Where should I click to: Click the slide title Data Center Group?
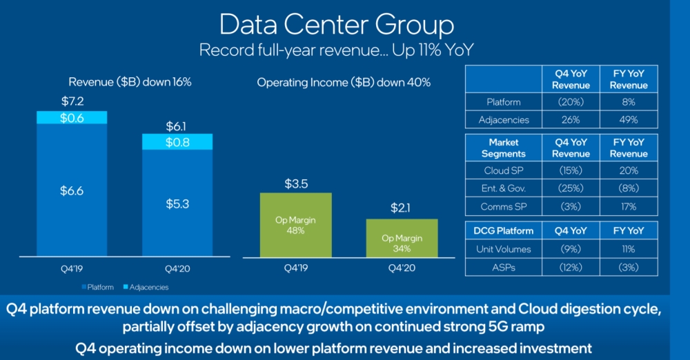point(336,25)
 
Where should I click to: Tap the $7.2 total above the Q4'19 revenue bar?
point(72,101)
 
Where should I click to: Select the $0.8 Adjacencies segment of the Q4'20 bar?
point(177,142)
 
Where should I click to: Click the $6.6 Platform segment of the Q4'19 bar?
point(72,191)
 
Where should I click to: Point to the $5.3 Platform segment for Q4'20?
point(177,205)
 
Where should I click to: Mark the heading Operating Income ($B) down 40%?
point(344,82)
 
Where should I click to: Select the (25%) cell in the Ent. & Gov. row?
point(571,188)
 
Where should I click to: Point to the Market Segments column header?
point(504,148)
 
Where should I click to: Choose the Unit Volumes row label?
point(504,249)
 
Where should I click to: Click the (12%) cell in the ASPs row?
point(571,267)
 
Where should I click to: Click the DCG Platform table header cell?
point(504,231)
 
